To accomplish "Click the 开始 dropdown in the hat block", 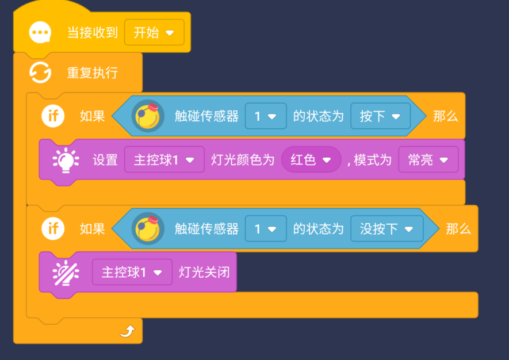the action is coord(154,33).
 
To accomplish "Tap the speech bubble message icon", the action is coord(40,33).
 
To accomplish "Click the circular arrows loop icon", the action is coord(40,73).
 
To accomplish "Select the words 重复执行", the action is coord(93,73).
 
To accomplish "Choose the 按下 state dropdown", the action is coord(380,116).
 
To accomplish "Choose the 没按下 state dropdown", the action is coord(386,229).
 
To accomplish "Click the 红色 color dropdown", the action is coord(311,159).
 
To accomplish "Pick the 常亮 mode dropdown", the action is coord(428,159).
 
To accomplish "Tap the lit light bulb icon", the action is coord(65,160).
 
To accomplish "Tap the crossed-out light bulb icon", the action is coord(65,272).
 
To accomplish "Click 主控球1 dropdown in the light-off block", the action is coord(132,272).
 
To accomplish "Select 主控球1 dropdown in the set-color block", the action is coord(164,159).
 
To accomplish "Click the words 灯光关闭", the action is coord(204,272).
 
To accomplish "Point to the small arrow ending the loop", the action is coord(127,331).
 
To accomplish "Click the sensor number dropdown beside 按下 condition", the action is coord(265,116).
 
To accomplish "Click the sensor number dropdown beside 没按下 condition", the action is coord(265,229).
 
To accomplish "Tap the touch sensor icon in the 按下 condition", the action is coord(148,116).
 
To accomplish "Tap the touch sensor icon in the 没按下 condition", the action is coord(148,229).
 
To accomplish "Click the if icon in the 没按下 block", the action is coord(53,229).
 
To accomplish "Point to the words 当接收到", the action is coord(92,33).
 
